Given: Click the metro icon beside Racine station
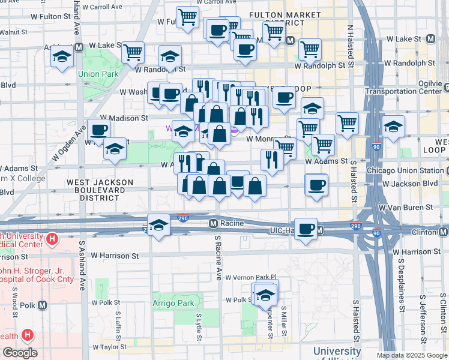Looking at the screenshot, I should point(213,224).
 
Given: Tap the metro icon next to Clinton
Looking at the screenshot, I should point(443,232).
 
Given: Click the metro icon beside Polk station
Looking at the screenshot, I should point(42,305).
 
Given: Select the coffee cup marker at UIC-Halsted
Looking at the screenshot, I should point(306,229).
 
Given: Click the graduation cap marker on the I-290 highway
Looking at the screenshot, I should point(158,225).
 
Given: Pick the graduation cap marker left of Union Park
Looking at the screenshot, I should point(62,57).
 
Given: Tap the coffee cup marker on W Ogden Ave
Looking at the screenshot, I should point(99,130).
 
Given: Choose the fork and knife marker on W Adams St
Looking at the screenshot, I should point(272,159).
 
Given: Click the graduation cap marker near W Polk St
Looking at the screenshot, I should point(265,294).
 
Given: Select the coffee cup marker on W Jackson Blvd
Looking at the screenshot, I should point(316,184).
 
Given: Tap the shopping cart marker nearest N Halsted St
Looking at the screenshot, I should point(348,123).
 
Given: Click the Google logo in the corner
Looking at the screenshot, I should point(20,353).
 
